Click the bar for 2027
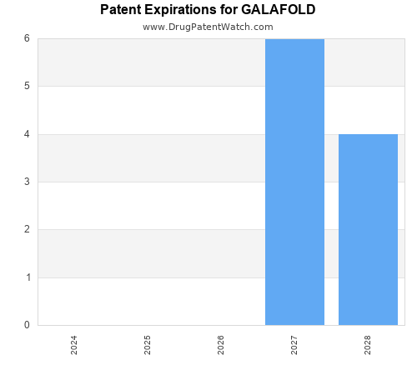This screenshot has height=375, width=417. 294,182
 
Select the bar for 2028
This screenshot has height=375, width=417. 368,229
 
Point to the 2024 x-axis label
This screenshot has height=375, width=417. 74,345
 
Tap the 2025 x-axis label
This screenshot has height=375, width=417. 148,345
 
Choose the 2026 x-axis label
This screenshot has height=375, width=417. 221,345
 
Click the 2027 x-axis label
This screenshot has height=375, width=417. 294,345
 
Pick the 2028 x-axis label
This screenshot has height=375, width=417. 368,345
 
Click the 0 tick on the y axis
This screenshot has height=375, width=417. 27,325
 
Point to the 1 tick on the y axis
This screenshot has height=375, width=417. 27,277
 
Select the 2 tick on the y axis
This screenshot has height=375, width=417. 27,229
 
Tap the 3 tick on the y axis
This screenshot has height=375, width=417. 27,182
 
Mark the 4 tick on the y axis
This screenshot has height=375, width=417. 27,134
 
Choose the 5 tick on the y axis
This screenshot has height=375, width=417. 27,86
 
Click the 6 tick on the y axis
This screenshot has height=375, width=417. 27,38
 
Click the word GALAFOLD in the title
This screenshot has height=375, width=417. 279,10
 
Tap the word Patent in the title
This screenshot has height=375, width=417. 121,10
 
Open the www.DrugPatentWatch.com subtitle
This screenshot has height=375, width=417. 208,27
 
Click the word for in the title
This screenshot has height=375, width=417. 229,10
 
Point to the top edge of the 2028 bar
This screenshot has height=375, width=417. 368,134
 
